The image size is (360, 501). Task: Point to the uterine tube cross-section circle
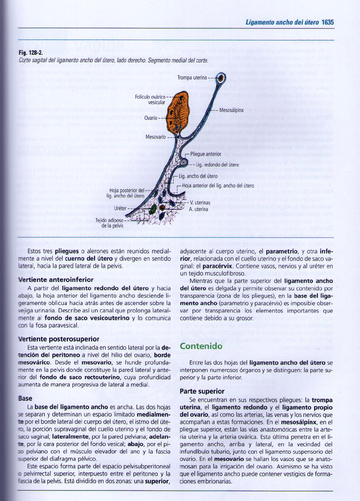[x=221, y=78]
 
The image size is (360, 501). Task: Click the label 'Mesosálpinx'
[x=231, y=110]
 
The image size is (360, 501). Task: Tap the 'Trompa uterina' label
[x=192, y=78]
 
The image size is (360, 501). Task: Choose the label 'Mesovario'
[x=155, y=137]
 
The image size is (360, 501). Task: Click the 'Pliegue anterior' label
[x=206, y=154]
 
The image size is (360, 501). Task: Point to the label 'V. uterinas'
[x=200, y=203]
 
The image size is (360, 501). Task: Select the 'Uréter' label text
[x=120, y=208]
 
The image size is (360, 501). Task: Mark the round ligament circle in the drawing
[x=184, y=162]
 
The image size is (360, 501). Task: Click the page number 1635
[x=327, y=22]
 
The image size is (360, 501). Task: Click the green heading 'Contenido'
[x=201, y=346]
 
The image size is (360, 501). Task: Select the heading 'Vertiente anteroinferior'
[x=56, y=280]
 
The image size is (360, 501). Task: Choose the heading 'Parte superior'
[x=202, y=391]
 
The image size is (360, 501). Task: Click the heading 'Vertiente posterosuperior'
[x=59, y=339]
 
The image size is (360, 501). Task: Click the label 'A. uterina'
[x=199, y=209]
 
